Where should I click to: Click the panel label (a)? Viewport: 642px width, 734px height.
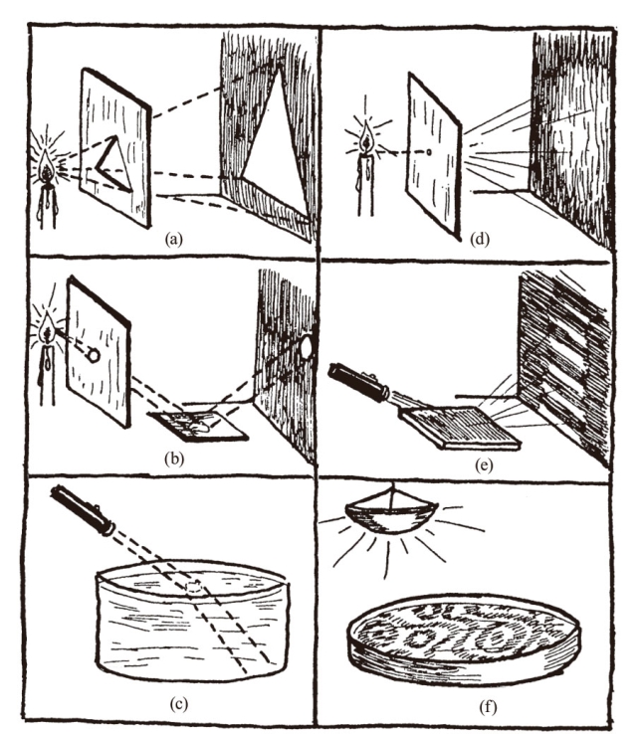[173, 240]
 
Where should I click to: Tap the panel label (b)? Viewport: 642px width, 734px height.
[174, 459]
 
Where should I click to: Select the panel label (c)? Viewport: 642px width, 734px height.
[178, 703]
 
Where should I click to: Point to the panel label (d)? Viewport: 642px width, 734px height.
[479, 240]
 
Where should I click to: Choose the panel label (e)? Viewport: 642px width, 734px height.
[484, 464]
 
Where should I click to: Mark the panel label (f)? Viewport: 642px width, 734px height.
[488, 707]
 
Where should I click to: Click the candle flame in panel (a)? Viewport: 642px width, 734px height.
[47, 164]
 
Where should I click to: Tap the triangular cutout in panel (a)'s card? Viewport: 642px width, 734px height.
[112, 164]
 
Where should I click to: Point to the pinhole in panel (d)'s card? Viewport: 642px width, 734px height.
[428, 152]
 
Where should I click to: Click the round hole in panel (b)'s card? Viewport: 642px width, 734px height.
[94, 356]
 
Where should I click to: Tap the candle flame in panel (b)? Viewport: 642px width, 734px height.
[47, 331]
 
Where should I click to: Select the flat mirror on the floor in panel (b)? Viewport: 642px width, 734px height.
[198, 426]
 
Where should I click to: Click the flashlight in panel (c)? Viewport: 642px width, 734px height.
[83, 511]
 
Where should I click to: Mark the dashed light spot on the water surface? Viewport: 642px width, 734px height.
[194, 588]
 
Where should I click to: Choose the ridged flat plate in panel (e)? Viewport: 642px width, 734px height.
[459, 428]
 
